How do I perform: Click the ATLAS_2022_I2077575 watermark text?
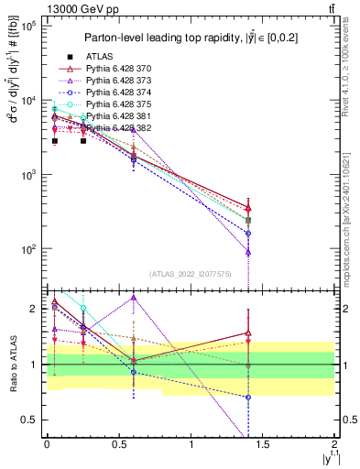[191, 274]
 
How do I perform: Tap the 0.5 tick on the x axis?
[118, 445]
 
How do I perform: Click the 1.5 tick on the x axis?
[263, 445]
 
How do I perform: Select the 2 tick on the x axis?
[333, 445]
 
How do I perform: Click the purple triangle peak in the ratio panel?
[134, 298]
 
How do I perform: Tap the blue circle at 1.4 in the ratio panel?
[248, 398]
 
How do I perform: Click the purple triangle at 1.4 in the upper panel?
[248, 251]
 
